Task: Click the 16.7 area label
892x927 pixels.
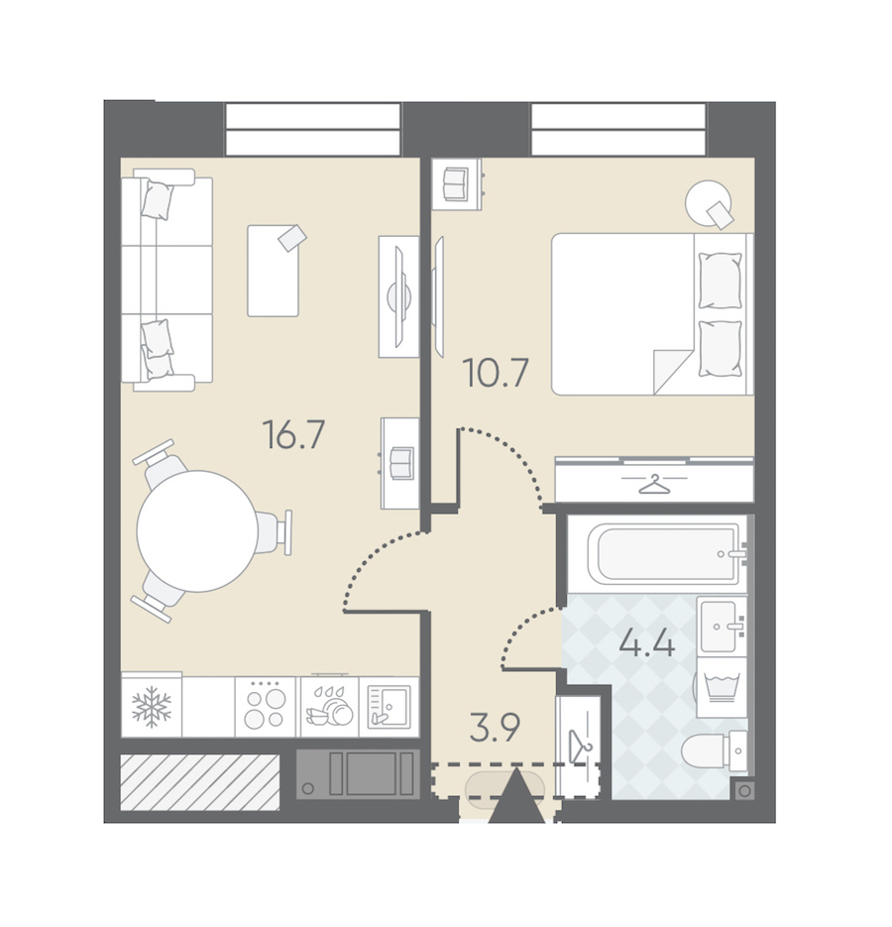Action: click(293, 434)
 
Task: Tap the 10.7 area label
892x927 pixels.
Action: click(497, 373)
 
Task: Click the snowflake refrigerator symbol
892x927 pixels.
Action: click(152, 707)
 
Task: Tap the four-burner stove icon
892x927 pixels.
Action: click(265, 707)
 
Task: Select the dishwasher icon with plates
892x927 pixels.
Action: click(329, 707)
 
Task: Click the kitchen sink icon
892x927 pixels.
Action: click(389, 707)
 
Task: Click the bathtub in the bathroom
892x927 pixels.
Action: click(664, 554)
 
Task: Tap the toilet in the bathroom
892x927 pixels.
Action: click(714, 752)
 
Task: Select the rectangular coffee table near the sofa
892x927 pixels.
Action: click(274, 271)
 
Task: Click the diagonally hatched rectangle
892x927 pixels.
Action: click(200, 782)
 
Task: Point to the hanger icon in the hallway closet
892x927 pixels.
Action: click(579, 744)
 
